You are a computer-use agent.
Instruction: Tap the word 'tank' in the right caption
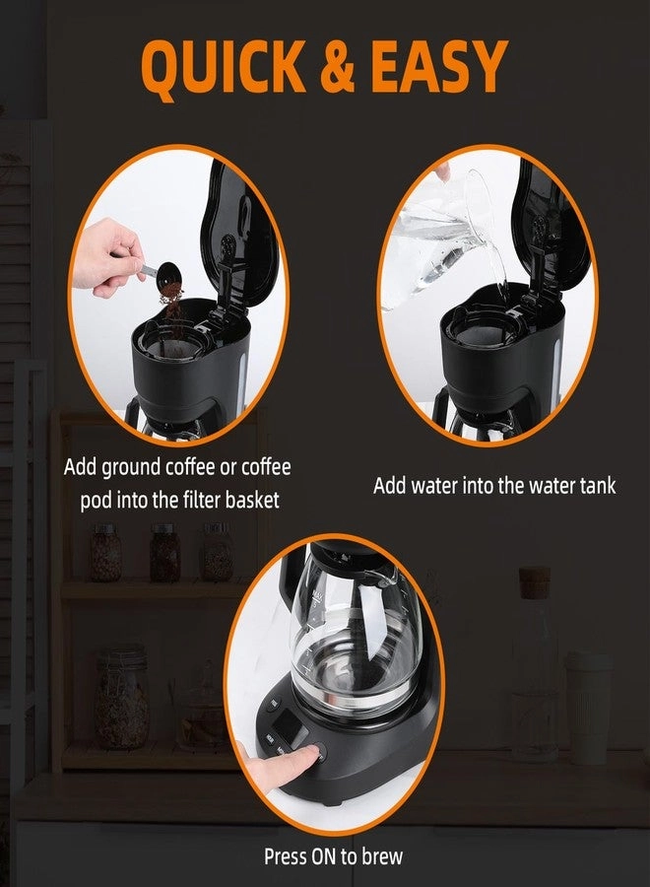click(x=594, y=485)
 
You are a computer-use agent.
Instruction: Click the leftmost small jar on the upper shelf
click(x=105, y=552)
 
